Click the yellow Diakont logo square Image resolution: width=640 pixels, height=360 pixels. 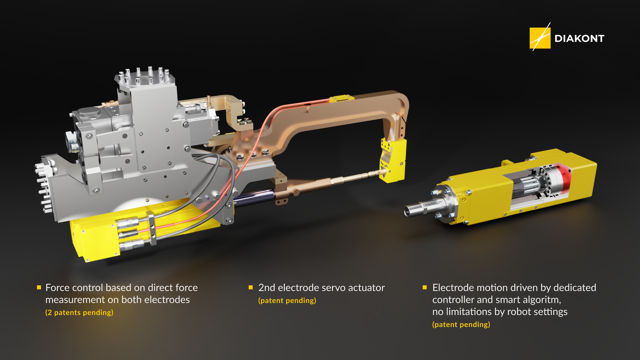(x=540, y=38)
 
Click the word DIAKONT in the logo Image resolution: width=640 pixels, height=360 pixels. (x=579, y=39)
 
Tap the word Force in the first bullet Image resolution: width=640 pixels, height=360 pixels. (x=57, y=288)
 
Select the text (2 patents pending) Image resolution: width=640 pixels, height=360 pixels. (x=79, y=313)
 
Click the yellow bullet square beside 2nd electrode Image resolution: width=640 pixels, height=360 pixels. (x=251, y=287)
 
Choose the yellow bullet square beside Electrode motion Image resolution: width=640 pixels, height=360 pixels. (x=425, y=287)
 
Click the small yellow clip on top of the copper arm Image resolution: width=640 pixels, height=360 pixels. (x=342, y=98)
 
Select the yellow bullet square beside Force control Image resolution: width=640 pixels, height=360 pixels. (x=39, y=287)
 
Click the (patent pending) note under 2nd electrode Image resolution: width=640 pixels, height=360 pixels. (x=287, y=301)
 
